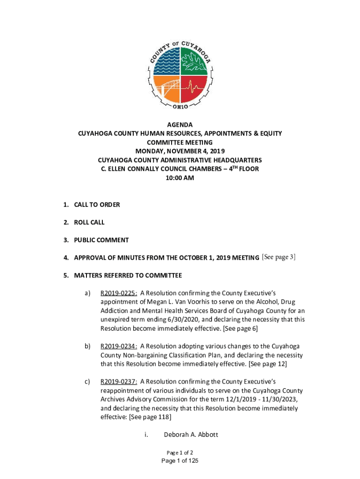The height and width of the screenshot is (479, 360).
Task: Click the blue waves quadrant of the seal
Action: coord(166,60)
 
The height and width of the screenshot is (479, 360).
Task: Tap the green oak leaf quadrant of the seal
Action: coord(194,60)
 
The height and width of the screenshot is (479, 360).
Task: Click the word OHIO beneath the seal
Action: coord(180,107)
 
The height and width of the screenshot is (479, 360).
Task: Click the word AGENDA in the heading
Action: coord(180,125)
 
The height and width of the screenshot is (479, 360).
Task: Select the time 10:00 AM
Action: coord(180,178)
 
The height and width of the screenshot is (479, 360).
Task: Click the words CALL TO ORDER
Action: coord(97,204)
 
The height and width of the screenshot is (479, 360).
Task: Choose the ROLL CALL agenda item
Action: coord(89,222)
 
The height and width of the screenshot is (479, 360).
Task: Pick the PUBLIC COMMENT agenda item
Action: coord(101,240)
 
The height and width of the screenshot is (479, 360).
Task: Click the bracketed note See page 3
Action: coord(279,257)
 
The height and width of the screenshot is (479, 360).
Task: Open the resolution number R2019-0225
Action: coord(119,293)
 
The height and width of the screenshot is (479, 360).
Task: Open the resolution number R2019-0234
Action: coord(119,346)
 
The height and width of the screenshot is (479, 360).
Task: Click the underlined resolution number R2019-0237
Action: coord(119,381)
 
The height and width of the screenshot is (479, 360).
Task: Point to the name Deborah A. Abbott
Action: coord(191,435)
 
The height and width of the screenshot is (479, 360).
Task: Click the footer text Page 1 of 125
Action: coord(180,461)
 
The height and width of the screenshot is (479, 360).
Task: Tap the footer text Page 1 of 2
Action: coord(180,452)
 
